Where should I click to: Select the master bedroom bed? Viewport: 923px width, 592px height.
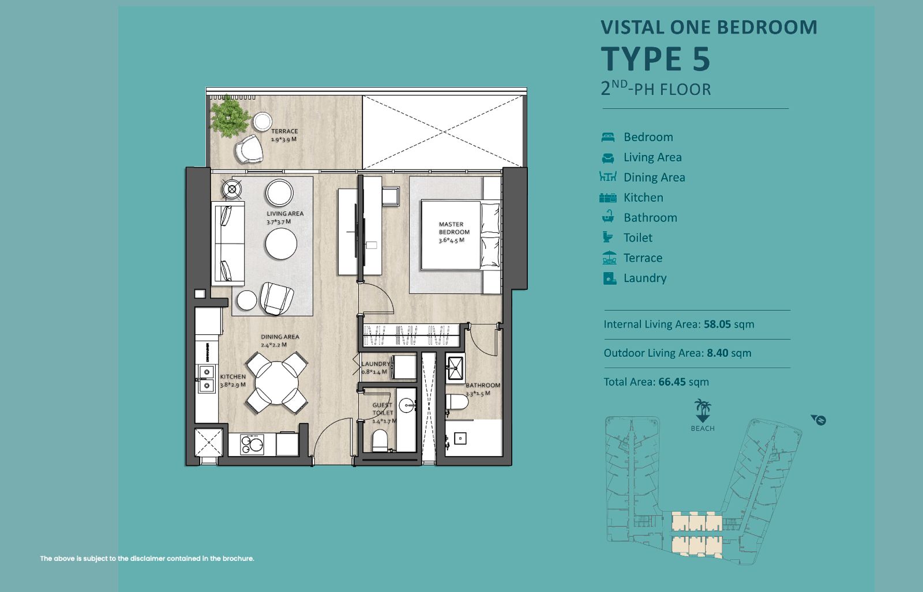[x=460, y=235]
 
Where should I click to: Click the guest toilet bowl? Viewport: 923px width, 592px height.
[x=380, y=440]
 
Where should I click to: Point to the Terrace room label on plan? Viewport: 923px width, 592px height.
[x=284, y=131]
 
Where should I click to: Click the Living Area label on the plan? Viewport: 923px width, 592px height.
[x=285, y=214]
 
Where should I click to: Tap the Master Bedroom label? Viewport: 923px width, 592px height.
[x=453, y=228]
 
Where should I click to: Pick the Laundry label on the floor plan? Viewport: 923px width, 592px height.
[x=376, y=364]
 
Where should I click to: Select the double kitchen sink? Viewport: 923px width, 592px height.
[x=206, y=379]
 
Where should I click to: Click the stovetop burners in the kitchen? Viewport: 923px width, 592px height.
[x=252, y=444]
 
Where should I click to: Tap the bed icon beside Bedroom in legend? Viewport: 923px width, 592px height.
[x=608, y=137]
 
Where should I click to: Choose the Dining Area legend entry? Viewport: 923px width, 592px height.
[x=654, y=178]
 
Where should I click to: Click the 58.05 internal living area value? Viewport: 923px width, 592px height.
[x=718, y=325]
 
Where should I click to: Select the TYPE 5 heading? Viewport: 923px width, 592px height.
[x=655, y=59]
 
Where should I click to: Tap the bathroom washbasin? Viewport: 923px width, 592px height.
[x=455, y=368]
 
